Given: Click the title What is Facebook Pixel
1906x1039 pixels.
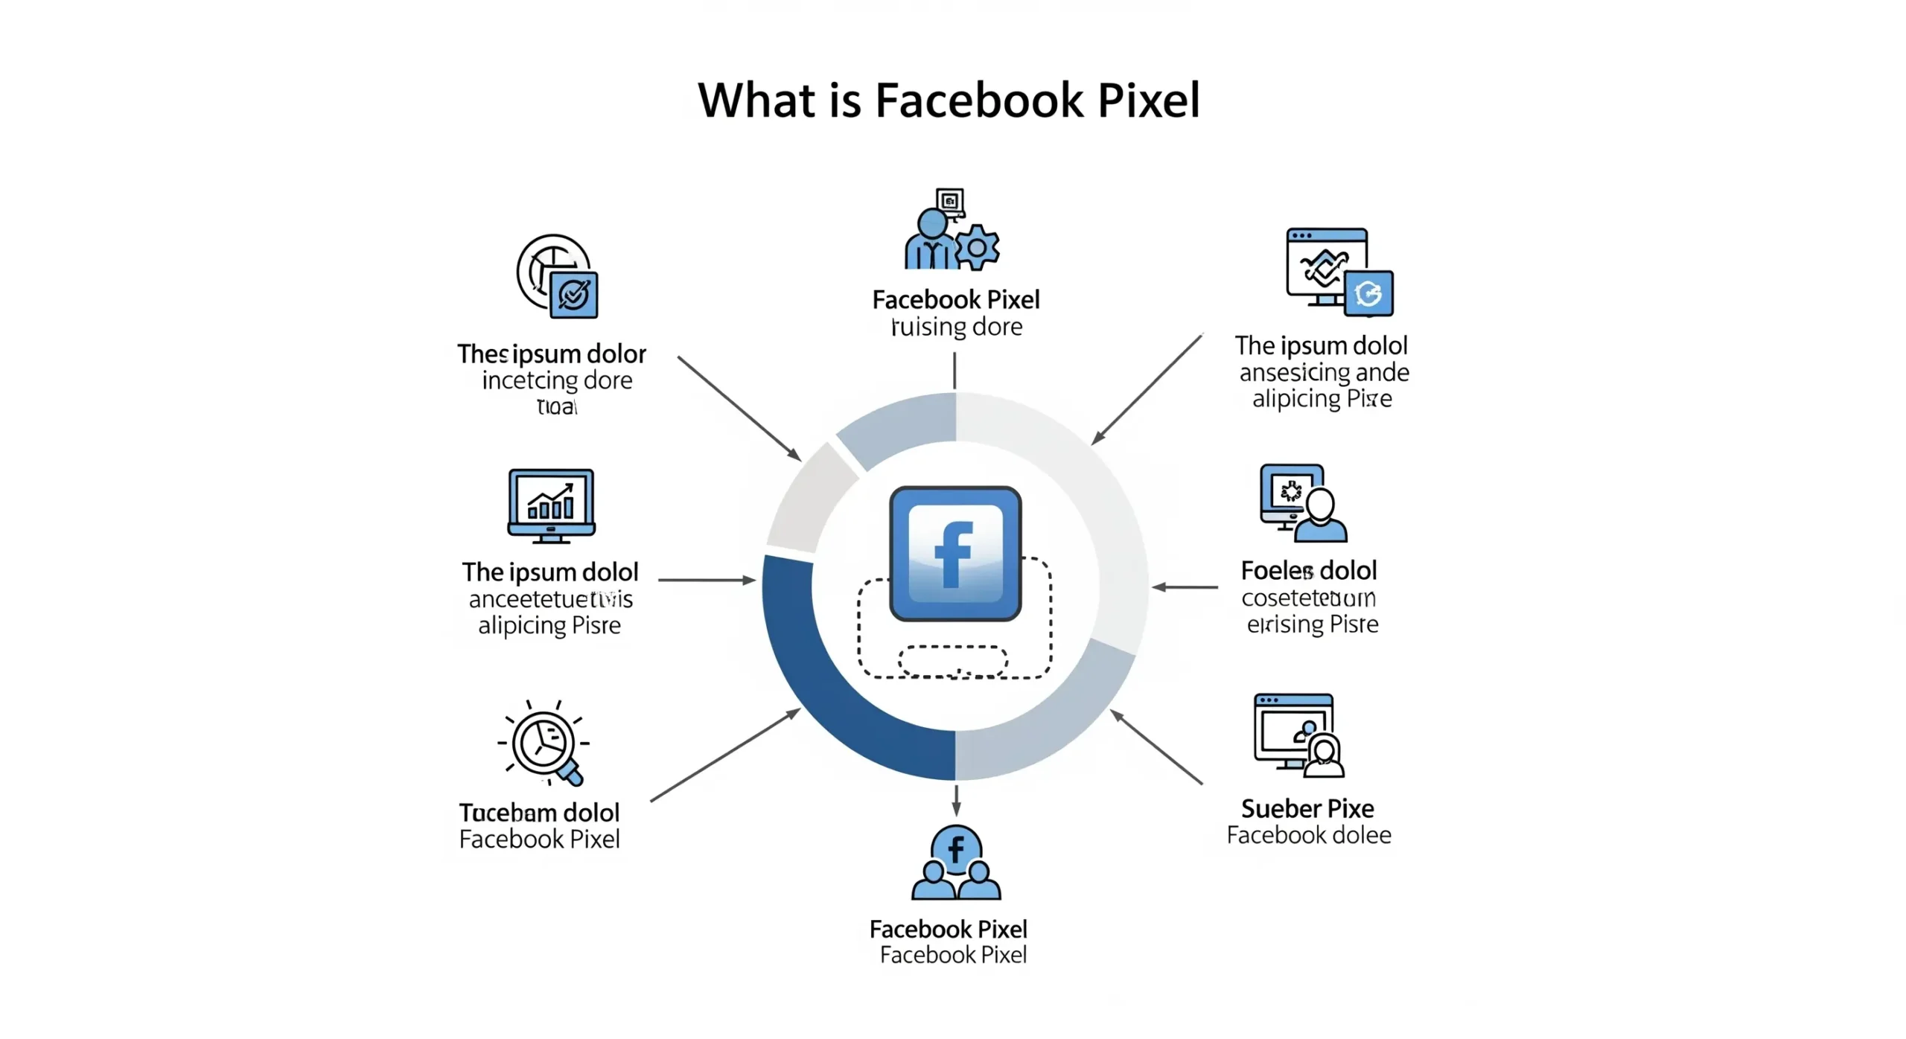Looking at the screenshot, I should click(x=949, y=100).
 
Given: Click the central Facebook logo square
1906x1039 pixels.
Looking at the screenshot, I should click(x=955, y=553).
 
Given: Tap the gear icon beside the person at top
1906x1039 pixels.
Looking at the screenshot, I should click(x=976, y=247).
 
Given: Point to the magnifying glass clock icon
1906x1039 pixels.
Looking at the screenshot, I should click(x=546, y=744).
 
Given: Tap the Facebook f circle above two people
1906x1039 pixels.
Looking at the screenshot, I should click(x=956, y=849).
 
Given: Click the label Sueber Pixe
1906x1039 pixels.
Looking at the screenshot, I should click(x=1307, y=808).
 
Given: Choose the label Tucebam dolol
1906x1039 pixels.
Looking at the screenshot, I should click(x=539, y=812).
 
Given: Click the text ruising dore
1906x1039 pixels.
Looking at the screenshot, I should click(x=957, y=327).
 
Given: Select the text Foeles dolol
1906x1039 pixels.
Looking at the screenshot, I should click(x=1308, y=571).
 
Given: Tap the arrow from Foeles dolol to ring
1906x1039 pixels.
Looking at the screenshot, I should click(x=1185, y=587).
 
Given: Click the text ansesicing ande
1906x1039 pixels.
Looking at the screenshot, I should click(x=1324, y=372).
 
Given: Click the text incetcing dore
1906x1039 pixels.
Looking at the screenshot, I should click(x=557, y=380).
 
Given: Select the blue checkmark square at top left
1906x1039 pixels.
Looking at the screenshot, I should click(x=574, y=295).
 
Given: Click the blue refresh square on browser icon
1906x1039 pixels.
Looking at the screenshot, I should click(x=1368, y=293).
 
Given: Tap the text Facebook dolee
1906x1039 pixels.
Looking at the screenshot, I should click(x=1309, y=835).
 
